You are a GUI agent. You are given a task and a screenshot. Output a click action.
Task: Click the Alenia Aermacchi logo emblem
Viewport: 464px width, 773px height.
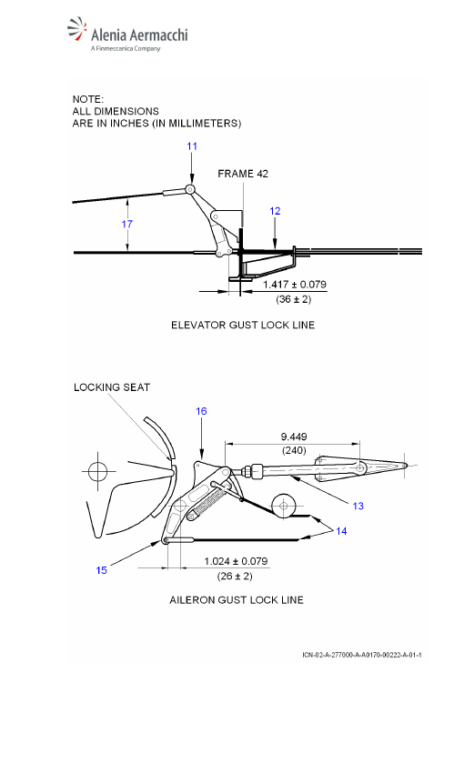coord(77,29)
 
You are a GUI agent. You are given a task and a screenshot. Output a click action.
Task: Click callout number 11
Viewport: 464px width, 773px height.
coord(192,146)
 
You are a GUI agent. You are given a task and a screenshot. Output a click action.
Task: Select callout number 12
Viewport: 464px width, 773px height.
coord(275,211)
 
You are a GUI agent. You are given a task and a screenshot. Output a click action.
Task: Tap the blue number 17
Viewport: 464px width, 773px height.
coord(127,225)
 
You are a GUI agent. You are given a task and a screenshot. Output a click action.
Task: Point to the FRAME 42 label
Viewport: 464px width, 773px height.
coord(243,174)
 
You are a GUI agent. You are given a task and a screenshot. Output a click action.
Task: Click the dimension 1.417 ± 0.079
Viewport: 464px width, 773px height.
coord(295,285)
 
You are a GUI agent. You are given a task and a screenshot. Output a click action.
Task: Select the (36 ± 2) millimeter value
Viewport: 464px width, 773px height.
coord(294,299)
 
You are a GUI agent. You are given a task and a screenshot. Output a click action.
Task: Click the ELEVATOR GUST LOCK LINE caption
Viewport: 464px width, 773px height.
coord(243,325)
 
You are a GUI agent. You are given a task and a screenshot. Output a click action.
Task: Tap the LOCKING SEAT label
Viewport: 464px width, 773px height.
coord(112,387)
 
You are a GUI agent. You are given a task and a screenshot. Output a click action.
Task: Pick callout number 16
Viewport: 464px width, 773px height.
coord(201,411)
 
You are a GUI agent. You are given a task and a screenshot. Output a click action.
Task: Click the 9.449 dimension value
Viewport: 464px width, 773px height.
coord(294,437)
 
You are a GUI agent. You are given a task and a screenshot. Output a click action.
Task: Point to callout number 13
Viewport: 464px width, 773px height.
coord(358,506)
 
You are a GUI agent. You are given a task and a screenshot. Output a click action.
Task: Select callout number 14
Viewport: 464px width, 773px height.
coord(341,531)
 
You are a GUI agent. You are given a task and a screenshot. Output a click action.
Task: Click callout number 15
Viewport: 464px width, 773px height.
coord(102,570)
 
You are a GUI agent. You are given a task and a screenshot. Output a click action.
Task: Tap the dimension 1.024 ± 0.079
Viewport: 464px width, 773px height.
coord(236,561)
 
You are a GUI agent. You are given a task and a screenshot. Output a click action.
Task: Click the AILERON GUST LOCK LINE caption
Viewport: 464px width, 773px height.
coord(237,600)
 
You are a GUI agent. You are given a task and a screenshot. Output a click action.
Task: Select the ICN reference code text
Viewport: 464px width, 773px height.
coord(362,655)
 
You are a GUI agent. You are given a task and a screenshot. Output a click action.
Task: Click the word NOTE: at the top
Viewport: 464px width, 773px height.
coord(88,99)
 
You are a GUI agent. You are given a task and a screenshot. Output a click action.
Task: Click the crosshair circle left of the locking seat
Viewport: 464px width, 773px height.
coord(98,471)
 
